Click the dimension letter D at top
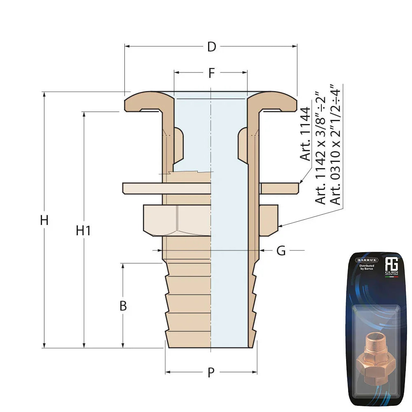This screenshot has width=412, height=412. coord(211,47)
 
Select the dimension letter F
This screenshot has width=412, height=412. coord(211,73)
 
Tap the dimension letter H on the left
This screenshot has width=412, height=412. coord(44,220)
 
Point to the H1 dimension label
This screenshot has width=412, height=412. coord(83,231)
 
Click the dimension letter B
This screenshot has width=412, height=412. coord(123,306)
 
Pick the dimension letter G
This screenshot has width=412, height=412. coord(281,250)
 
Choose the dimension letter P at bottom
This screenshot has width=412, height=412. coord(211,372)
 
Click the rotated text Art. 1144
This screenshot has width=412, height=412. coord(305,134)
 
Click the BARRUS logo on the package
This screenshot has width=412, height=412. coord(366,260)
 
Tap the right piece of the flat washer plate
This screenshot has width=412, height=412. coord(280,188)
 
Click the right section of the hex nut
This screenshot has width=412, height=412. coord(269,220)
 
